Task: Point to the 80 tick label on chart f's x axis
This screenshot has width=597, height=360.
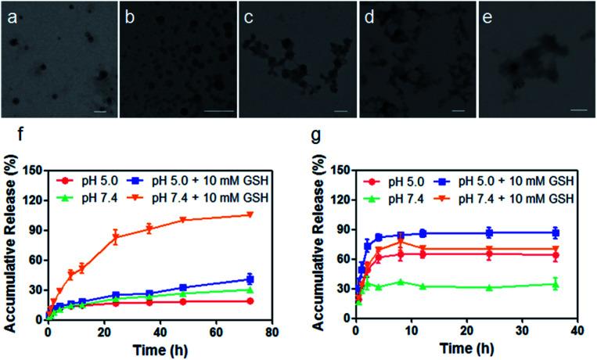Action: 271,332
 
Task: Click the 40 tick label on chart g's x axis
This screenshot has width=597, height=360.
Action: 575,332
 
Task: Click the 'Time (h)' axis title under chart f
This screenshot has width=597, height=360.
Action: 158,349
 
